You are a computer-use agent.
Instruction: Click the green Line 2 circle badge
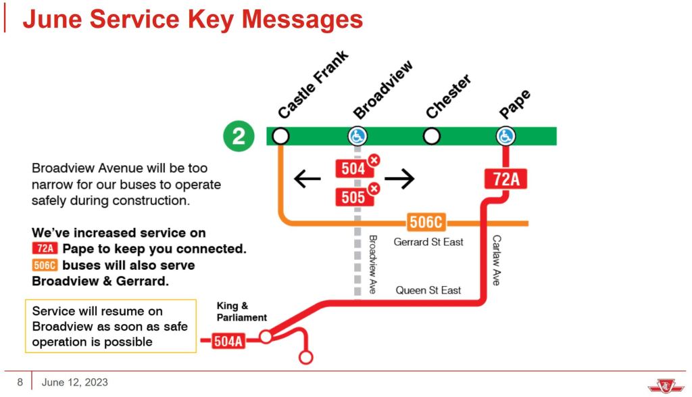pos(238,136)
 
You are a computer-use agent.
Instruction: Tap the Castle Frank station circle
pos(280,136)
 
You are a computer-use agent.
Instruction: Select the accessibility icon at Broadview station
pos(357,136)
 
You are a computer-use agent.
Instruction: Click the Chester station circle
pos(431,136)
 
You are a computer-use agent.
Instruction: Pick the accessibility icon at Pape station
pos(505,136)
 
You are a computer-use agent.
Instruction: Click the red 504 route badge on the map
pos(353,168)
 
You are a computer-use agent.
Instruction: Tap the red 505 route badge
pos(353,197)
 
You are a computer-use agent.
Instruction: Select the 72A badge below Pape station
pos(505,179)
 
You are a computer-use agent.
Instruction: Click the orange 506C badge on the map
pos(428,222)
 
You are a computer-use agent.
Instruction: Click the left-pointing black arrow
pos(307,179)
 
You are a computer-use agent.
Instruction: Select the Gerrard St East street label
pos(429,241)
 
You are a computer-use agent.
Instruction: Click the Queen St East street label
pos(428,290)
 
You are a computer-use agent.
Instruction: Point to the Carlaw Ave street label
pos(496,260)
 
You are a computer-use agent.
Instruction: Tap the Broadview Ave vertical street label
pos(372,264)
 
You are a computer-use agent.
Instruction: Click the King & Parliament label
pos(241,311)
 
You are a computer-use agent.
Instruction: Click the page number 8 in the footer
pos(20,383)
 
